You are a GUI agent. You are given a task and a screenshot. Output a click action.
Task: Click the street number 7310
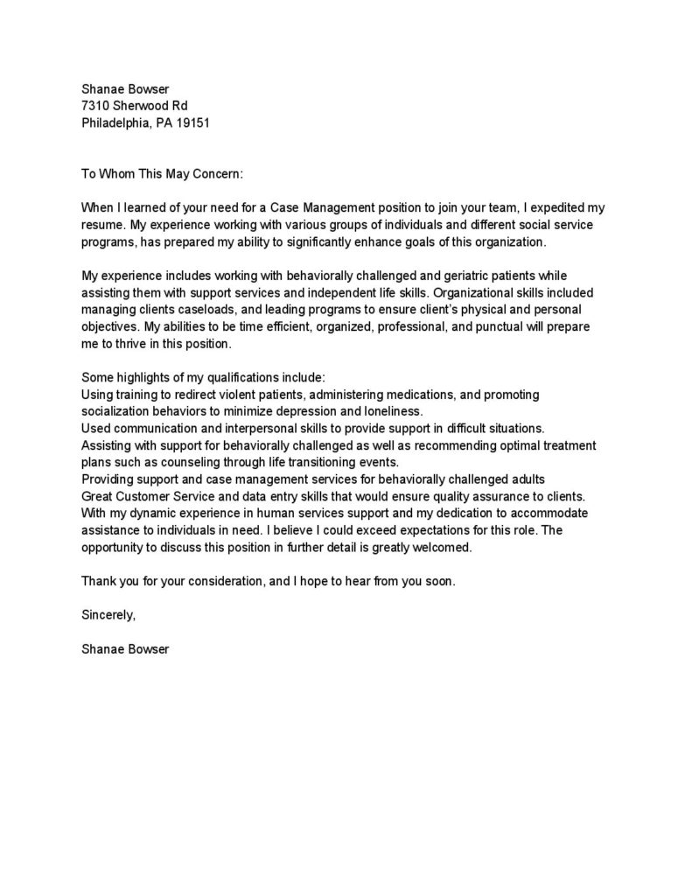pos(95,105)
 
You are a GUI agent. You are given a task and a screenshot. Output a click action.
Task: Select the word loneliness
pos(391,411)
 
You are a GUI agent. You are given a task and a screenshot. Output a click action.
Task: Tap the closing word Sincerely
pos(108,615)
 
